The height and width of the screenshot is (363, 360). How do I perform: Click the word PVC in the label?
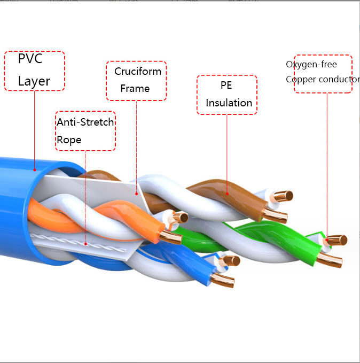point(30,58)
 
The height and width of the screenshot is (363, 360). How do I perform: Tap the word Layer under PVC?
point(34,81)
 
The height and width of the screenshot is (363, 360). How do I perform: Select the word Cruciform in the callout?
point(138,71)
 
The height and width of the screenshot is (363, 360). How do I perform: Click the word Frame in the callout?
point(135,88)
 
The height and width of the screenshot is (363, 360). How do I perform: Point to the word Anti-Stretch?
point(85,122)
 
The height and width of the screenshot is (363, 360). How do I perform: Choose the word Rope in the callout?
point(69,140)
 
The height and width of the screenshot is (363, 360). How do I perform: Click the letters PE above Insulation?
point(226,85)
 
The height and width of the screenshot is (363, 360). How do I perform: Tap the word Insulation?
point(229,103)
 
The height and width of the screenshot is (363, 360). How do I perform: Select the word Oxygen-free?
point(311,64)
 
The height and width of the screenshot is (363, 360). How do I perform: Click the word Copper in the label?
point(300,80)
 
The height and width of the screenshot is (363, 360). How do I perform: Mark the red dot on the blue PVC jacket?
point(35,170)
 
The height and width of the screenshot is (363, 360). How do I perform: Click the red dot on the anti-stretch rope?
point(85,244)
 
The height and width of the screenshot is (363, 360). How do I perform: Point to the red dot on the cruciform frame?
point(137,194)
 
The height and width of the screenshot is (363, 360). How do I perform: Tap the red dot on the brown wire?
point(227,194)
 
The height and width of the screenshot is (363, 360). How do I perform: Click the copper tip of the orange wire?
point(171,237)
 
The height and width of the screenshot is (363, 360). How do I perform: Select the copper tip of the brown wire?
point(275,216)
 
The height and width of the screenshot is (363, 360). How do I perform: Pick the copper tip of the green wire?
point(329,260)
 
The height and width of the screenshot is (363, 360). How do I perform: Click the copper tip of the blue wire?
point(222,280)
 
